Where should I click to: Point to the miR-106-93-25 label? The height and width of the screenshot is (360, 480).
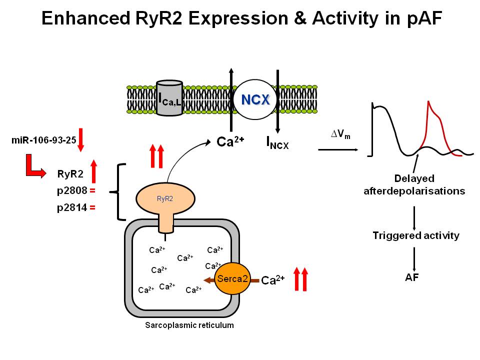coord(43,139)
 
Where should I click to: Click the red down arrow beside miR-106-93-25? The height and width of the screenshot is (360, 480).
coord(81,139)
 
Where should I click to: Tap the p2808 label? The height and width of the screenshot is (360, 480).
coord(72,190)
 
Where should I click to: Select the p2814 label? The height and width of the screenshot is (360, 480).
coord(72,208)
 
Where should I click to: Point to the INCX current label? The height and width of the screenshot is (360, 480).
coord(277,143)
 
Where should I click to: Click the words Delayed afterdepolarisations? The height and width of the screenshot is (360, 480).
coord(414,184)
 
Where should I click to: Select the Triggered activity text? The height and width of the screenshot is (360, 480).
coord(415,235)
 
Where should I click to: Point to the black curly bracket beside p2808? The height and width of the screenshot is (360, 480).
coord(120,191)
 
